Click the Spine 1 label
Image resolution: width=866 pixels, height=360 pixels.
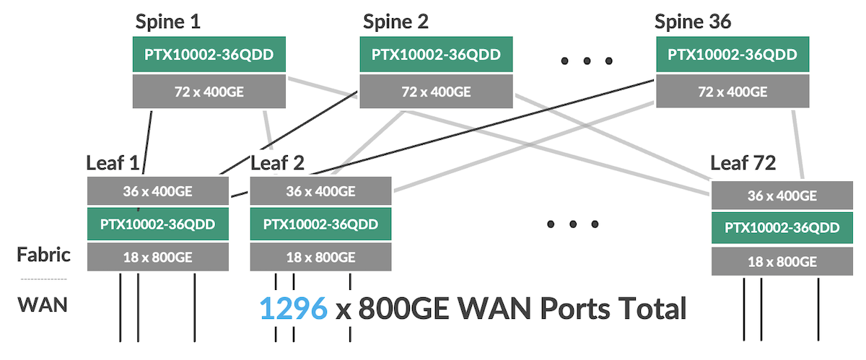[168, 22]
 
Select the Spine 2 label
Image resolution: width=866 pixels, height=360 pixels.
[395, 22]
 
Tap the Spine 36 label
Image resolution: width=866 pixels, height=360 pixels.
[693, 22]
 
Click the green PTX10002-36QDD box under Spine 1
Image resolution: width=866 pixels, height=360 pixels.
[210, 55]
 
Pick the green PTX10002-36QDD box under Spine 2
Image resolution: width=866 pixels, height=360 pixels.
[437, 55]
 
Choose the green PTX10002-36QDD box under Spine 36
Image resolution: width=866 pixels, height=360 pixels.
[732, 55]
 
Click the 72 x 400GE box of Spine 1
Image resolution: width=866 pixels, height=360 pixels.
[210, 91]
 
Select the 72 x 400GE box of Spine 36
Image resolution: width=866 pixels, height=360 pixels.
[732, 91]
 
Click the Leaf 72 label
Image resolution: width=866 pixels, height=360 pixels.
[743, 163]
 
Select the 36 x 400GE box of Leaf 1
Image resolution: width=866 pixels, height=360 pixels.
[158, 191]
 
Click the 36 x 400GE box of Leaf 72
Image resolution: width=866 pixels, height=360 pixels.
[783, 196]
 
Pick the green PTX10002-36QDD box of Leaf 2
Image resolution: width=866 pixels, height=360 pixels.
[320, 224]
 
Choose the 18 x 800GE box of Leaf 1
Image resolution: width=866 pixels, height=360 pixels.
[158, 257]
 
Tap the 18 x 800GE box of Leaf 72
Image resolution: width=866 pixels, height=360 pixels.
[783, 261]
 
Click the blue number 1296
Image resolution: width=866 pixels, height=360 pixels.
[293, 309]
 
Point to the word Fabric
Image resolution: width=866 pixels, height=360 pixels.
[44, 255]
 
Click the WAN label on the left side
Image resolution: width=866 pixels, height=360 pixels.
[43, 304]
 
